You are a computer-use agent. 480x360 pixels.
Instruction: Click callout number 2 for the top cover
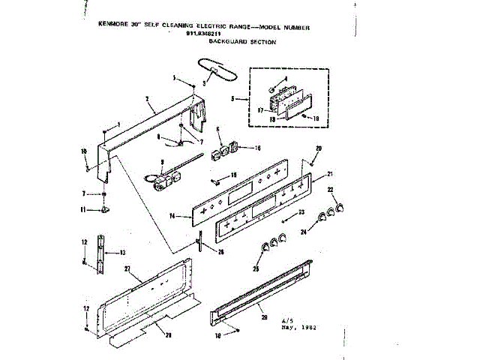pyautogui.click(x=148, y=99)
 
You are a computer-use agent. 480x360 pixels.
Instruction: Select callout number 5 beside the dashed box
pyautogui.click(x=234, y=99)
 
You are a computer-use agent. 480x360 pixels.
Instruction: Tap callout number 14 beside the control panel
pyautogui.click(x=173, y=216)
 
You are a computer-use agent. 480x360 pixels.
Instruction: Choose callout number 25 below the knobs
pyautogui.click(x=257, y=268)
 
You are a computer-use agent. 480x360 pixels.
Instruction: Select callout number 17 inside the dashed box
pyautogui.click(x=259, y=110)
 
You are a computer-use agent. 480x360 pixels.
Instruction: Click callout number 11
pyautogui.click(x=84, y=208)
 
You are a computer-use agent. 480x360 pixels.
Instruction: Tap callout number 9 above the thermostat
pyautogui.click(x=162, y=161)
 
